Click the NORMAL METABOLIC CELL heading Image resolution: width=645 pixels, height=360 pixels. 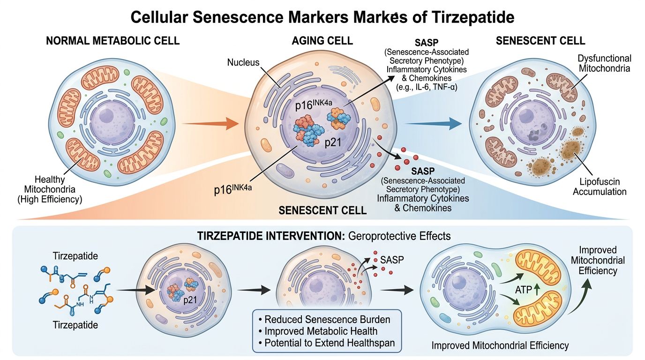click(112, 41)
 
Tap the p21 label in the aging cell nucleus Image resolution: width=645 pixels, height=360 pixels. click(334, 143)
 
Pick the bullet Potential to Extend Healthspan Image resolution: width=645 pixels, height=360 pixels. click(327, 343)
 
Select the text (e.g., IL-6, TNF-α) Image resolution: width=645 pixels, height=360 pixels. click(428, 88)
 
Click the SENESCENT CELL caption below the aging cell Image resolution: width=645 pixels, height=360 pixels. click(322, 210)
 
